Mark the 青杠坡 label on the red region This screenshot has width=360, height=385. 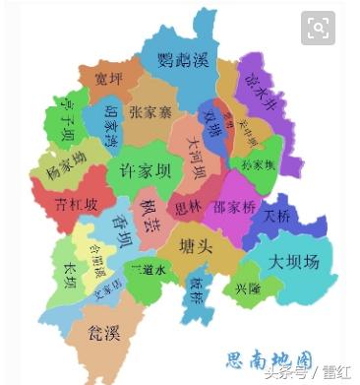click(x=78, y=205)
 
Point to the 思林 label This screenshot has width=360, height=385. click(x=187, y=208)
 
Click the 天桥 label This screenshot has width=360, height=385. click(x=277, y=217)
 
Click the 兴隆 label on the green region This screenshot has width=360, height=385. click(x=248, y=289)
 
